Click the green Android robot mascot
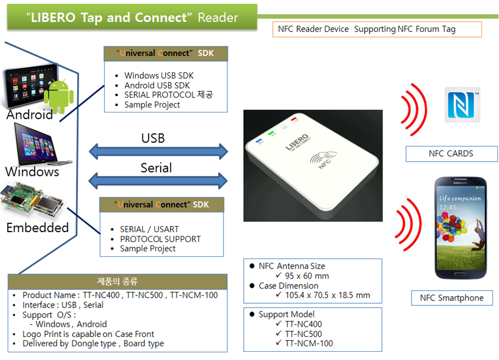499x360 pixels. (58, 96)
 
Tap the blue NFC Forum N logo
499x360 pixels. (462, 104)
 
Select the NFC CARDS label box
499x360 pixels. (451, 154)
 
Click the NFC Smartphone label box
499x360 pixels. (451, 298)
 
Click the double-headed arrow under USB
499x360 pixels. (158, 150)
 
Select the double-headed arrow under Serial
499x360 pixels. (158, 180)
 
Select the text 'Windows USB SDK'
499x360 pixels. (158, 75)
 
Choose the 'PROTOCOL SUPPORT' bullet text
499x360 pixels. (160, 239)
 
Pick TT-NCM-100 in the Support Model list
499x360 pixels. (309, 343)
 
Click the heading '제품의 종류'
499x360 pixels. (118, 282)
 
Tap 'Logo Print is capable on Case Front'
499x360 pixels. (88, 334)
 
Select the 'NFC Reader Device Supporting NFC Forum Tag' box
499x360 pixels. (377, 29)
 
